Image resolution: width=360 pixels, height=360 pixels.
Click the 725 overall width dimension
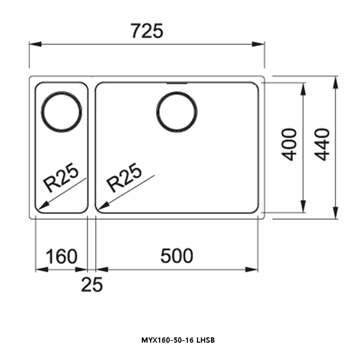pos(147,31)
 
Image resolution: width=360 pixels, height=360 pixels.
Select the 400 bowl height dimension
pos(289,144)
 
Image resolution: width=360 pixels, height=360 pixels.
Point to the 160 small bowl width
pos(61,256)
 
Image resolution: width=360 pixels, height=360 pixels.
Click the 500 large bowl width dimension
pos(176,256)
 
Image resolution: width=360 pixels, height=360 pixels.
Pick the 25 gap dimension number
pos(92,285)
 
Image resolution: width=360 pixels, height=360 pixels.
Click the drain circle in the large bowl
pos(177,111)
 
